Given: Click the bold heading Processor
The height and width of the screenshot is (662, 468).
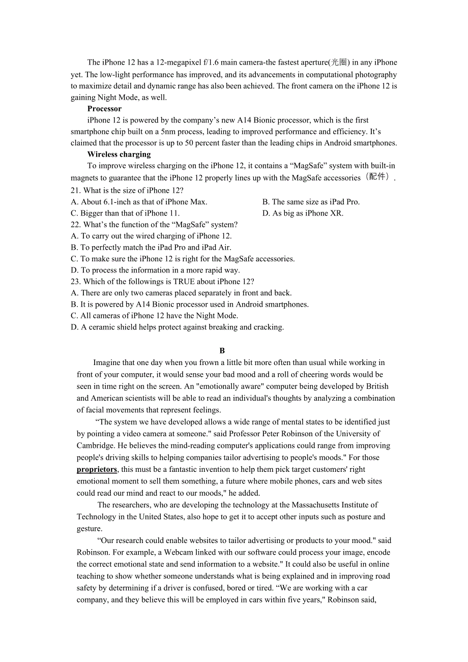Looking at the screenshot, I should [104, 109].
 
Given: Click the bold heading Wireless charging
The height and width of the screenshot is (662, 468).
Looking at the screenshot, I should [119, 155].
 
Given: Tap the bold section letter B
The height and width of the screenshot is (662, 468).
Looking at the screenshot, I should [222, 351].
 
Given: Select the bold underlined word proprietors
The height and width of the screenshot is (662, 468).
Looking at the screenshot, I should [97, 469].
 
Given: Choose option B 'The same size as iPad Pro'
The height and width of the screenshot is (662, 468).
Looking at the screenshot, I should [311, 202].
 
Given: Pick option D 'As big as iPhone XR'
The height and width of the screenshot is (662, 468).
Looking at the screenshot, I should [303, 214].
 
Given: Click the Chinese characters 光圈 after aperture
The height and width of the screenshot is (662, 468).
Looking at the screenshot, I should [339, 63].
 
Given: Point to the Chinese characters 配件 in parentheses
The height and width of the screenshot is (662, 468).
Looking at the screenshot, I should [377, 177].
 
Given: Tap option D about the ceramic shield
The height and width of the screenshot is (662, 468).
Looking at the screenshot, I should [177, 327].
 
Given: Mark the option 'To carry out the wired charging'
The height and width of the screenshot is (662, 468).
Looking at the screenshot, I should [151, 236].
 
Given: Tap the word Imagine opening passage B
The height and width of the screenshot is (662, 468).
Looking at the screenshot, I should [107, 363].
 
